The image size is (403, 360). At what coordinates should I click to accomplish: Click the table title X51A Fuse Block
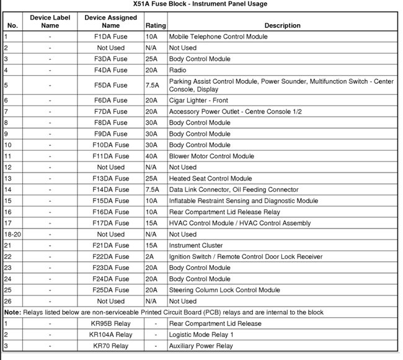point(201,4)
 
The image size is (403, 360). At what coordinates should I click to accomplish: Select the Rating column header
point(156,25)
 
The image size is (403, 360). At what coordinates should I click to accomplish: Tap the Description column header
point(282,25)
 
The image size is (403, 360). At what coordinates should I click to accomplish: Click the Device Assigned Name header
point(111,22)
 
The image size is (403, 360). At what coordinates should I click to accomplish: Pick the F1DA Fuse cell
point(111,37)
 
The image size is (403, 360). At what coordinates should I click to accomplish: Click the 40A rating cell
point(151,156)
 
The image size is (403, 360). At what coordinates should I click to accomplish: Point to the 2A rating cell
point(151,256)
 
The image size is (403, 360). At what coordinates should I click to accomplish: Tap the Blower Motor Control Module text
point(211,156)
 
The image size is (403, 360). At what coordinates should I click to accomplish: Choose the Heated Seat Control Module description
point(211,178)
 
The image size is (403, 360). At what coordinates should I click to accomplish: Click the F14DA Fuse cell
point(111,189)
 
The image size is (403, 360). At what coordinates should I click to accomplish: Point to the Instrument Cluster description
point(196,245)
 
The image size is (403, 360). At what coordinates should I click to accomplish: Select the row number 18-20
point(12,234)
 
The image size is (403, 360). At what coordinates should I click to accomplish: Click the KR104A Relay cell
point(111,335)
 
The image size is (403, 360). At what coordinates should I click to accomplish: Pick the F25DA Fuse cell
point(111,290)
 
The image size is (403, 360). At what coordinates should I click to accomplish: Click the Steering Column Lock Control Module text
point(224,290)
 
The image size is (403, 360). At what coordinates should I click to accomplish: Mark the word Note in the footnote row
point(12,312)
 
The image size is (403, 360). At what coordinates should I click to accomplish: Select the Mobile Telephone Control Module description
point(218,37)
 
